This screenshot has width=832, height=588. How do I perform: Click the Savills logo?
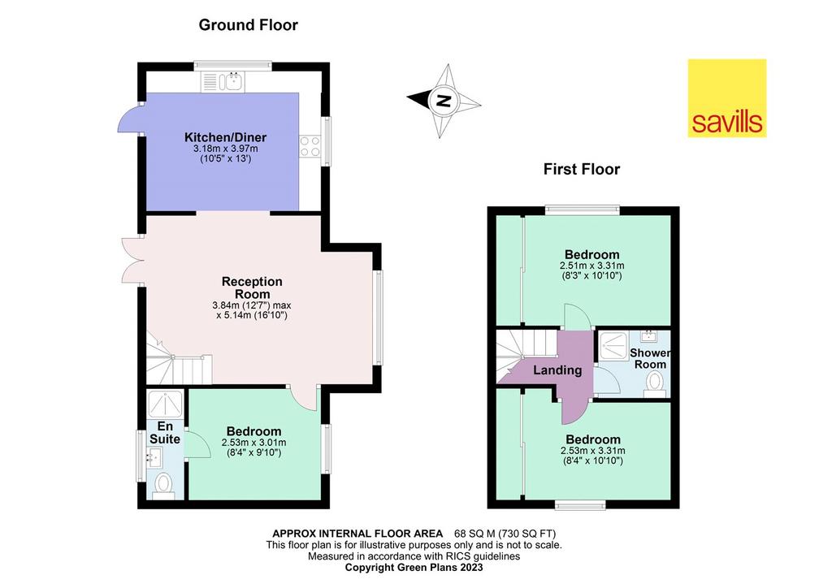click(727, 98)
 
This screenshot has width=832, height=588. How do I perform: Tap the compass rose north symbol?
click(443, 101)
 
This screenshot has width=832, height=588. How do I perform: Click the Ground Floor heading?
click(249, 25)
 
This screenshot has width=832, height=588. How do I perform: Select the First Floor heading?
click(582, 169)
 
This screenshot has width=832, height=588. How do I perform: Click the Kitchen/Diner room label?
click(226, 137)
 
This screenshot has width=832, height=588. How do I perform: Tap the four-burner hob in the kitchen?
click(310, 146)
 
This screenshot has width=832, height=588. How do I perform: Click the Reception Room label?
click(252, 288)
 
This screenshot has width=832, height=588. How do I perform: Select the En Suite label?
click(164, 433)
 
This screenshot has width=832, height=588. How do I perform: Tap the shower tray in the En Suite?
click(165, 404)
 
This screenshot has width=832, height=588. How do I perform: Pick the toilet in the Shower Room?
click(655, 383)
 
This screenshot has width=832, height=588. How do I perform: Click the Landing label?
click(557, 370)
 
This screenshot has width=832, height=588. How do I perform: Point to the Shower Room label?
click(650, 358)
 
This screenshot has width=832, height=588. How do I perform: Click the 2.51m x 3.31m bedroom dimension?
click(591, 266)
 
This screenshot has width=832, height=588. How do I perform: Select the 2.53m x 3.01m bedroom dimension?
click(253, 443)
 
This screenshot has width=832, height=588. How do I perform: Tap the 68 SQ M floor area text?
click(505, 534)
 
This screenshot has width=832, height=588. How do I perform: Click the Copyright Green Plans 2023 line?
click(414, 568)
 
